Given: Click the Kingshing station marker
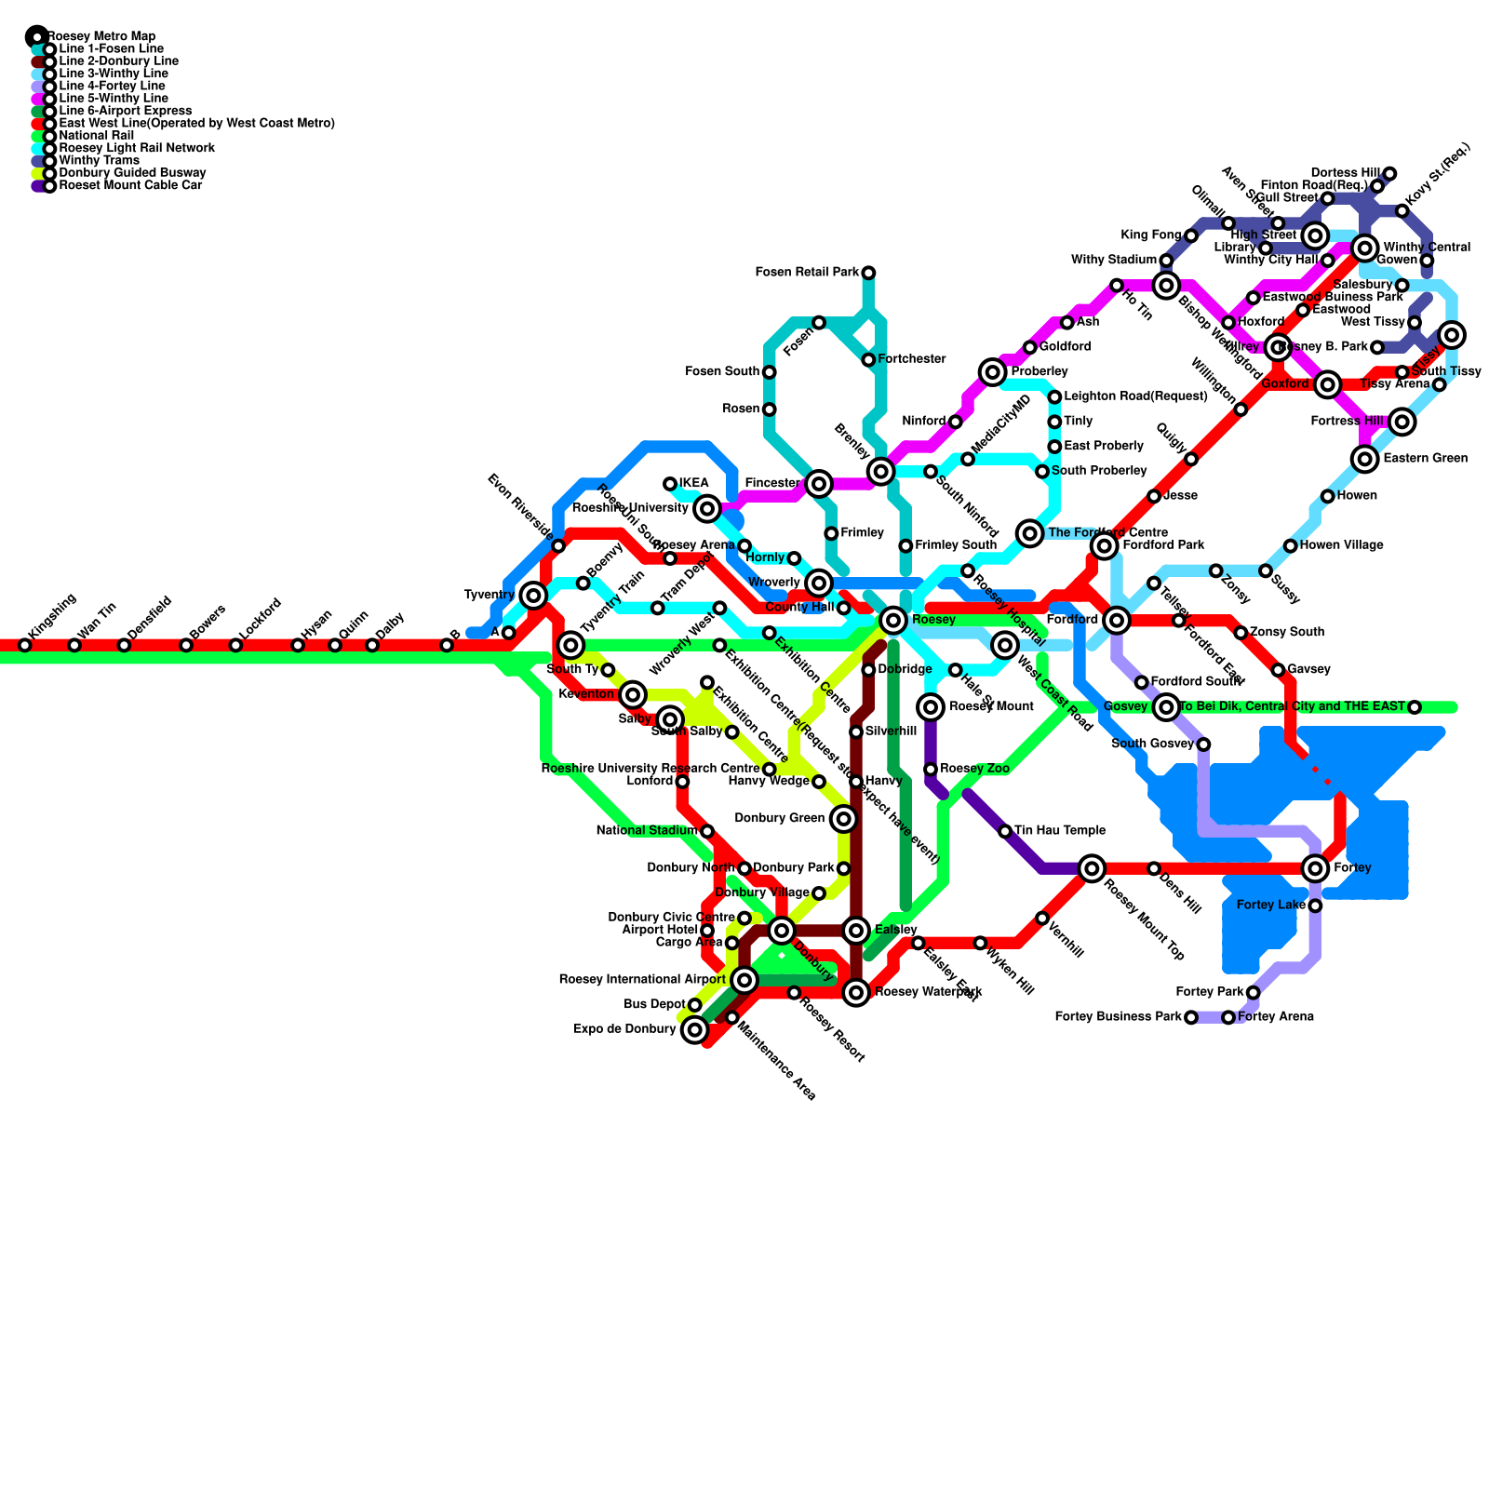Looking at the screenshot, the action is coord(25,645).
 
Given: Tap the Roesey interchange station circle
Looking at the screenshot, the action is coord(893,620).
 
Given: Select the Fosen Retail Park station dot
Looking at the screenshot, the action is coord(868,273).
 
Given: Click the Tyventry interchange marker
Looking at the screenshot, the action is coord(533,595).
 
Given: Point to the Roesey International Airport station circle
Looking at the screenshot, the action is coord(744,979).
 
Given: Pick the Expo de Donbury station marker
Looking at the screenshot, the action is coord(694,1030).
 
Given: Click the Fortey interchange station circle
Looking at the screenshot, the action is coord(1315,868).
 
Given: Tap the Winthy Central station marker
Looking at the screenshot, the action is coord(1365,248).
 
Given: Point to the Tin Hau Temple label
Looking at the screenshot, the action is coord(1060,830).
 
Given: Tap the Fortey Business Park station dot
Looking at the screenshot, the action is coord(1191,1017).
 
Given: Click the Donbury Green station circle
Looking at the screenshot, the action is coord(843,819).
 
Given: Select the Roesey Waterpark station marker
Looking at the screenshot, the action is coord(856,993).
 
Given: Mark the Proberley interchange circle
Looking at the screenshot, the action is coord(993,372).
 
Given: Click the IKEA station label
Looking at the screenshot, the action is coord(694,483).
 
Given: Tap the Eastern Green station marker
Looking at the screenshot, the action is coord(1365,458).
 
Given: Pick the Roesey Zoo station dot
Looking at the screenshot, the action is coord(931,769).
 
